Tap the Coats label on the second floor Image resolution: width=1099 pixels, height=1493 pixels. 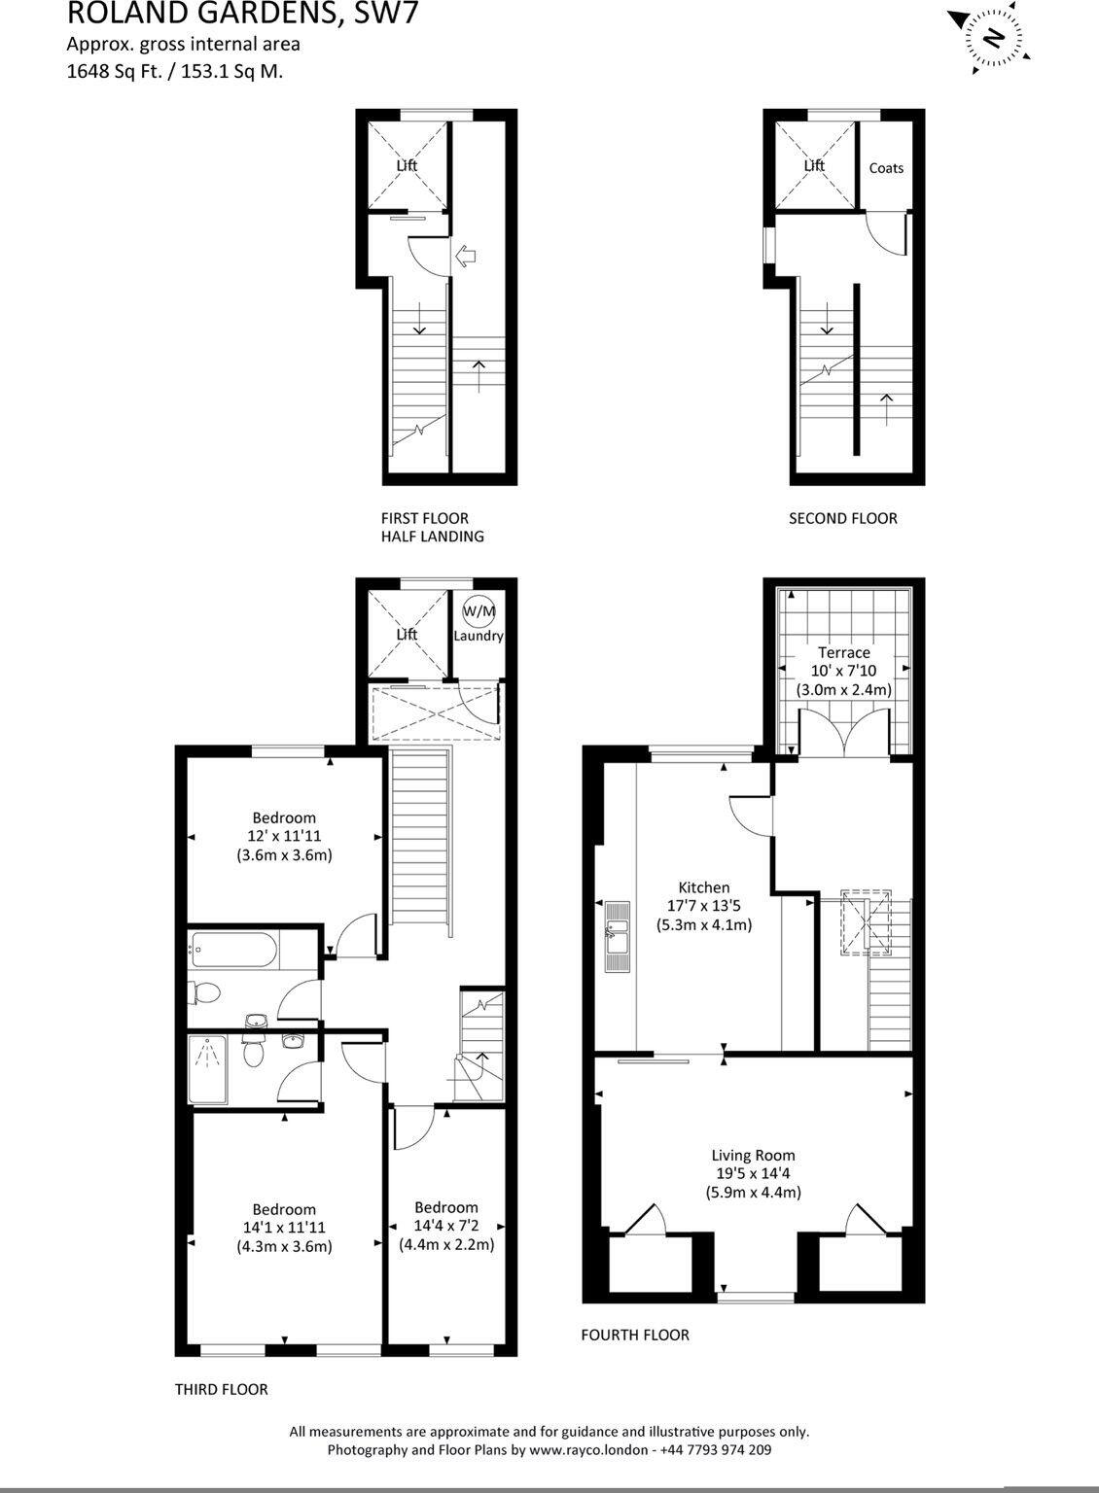[886, 168]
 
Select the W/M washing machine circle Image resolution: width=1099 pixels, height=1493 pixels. [478, 610]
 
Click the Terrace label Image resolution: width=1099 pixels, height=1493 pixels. [843, 652]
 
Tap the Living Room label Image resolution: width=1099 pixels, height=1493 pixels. [753, 1156]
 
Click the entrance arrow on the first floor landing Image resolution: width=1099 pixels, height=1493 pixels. [466, 256]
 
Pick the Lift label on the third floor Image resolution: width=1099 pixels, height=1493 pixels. [407, 635]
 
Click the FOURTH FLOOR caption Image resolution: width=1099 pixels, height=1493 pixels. [634, 1336]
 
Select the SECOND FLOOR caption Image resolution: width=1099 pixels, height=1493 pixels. [842, 519]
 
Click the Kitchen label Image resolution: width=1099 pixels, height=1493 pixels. [703, 887]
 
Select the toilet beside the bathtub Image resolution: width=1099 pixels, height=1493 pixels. [206, 993]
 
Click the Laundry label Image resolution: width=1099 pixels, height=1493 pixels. [479, 637]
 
